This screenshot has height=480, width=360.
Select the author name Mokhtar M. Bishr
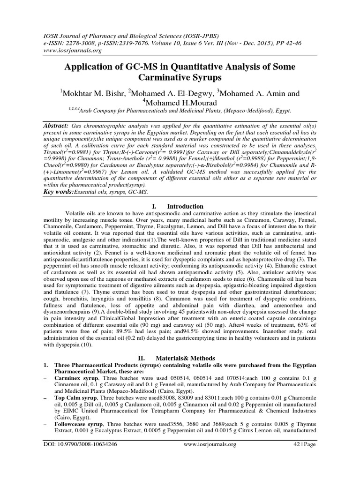click(90, 94)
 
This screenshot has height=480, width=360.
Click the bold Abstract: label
click(55, 126)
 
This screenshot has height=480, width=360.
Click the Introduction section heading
click(186, 207)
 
